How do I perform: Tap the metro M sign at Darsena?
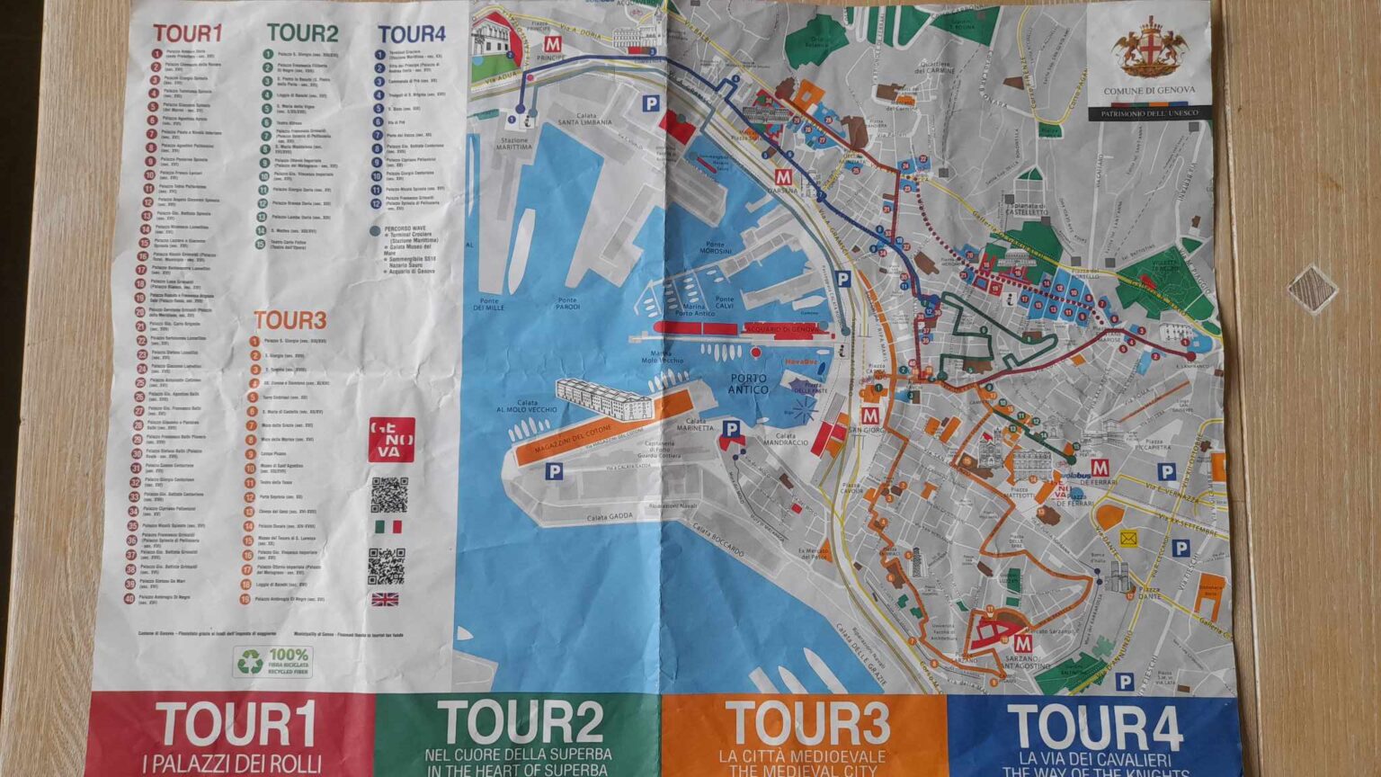(x=785, y=175)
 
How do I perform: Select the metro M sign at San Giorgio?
(x=869, y=415)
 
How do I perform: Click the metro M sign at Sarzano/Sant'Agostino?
(x=1021, y=644)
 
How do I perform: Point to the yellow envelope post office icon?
(x=1128, y=539)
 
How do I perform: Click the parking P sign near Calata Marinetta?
(x=731, y=429)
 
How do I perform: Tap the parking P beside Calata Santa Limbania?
(x=650, y=104)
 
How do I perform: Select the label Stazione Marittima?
(x=514, y=146)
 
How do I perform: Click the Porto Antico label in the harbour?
(x=748, y=384)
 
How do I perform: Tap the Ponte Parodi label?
(x=567, y=304)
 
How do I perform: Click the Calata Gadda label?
(x=610, y=518)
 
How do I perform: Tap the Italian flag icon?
(x=388, y=526)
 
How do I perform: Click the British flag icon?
(x=385, y=599)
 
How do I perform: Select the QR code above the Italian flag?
(x=389, y=494)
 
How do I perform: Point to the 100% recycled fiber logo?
(x=273, y=661)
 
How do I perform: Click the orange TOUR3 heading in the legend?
(x=290, y=320)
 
